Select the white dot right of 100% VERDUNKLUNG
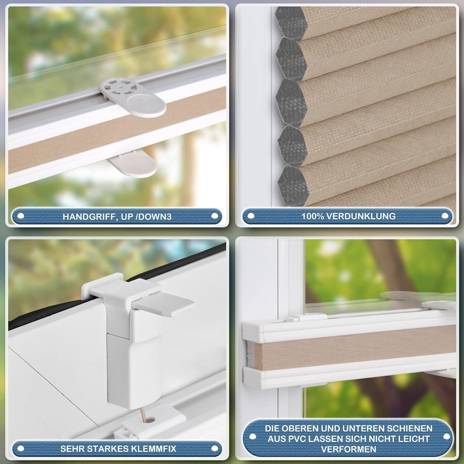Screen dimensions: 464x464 pos(445,216)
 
